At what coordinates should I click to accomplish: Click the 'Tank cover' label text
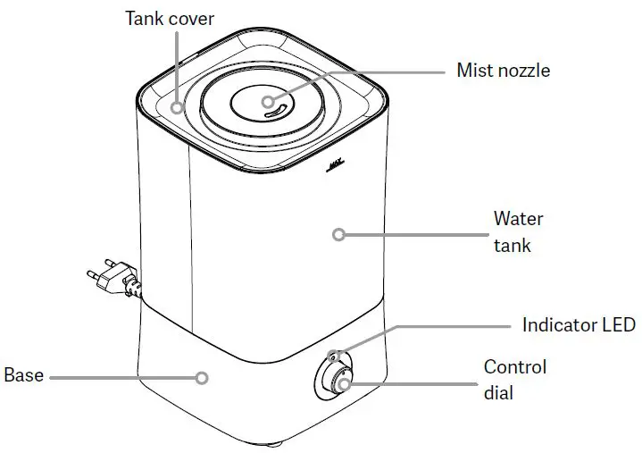point(169,17)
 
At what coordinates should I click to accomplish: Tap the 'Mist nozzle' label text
point(503,70)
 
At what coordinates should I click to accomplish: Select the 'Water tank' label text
point(518,231)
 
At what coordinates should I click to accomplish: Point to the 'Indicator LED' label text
point(578,324)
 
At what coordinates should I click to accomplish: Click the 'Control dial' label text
point(514,379)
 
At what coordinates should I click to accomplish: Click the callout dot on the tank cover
point(178,108)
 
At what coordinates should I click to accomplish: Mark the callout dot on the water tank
point(338,235)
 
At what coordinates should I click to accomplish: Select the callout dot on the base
point(202,378)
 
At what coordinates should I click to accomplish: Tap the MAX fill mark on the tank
point(337,165)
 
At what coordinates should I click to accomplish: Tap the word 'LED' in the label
point(617,324)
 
